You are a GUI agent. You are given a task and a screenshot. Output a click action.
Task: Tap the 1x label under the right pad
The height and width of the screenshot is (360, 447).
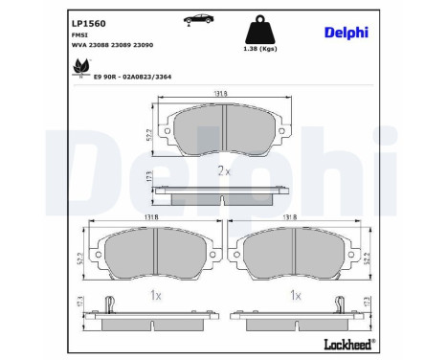(295, 297)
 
